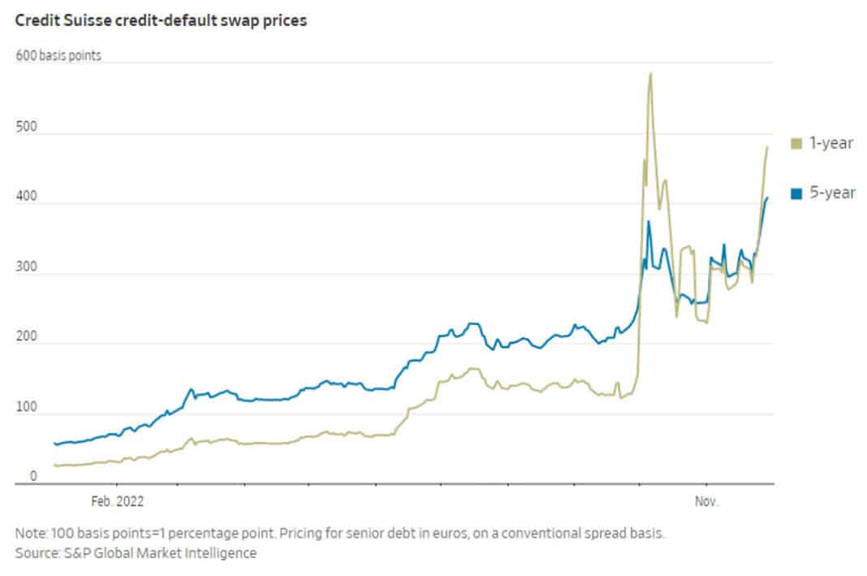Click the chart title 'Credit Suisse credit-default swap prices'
[161, 21]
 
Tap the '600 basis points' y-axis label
[58, 57]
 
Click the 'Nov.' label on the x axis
[706, 502]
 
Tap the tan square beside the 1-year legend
[796, 144]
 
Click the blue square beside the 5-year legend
[796, 193]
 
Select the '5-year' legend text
[829, 193]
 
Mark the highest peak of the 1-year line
[650, 74]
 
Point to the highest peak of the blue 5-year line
[649, 222]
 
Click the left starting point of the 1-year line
[54, 466]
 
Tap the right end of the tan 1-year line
[767, 147]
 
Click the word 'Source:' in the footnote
[37, 553]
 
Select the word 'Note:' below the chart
[32, 534]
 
